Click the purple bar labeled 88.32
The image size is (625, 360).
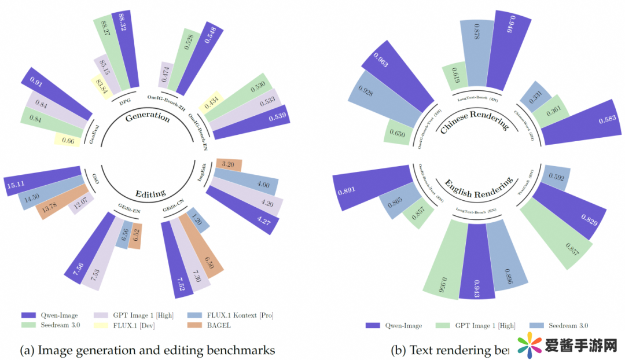(x=127, y=49)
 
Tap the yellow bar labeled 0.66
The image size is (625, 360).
(x=68, y=139)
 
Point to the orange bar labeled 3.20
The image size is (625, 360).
(x=227, y=164)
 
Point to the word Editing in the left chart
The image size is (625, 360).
(x=150, y=193)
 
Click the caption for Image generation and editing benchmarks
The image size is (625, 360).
(x=147, y=350)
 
